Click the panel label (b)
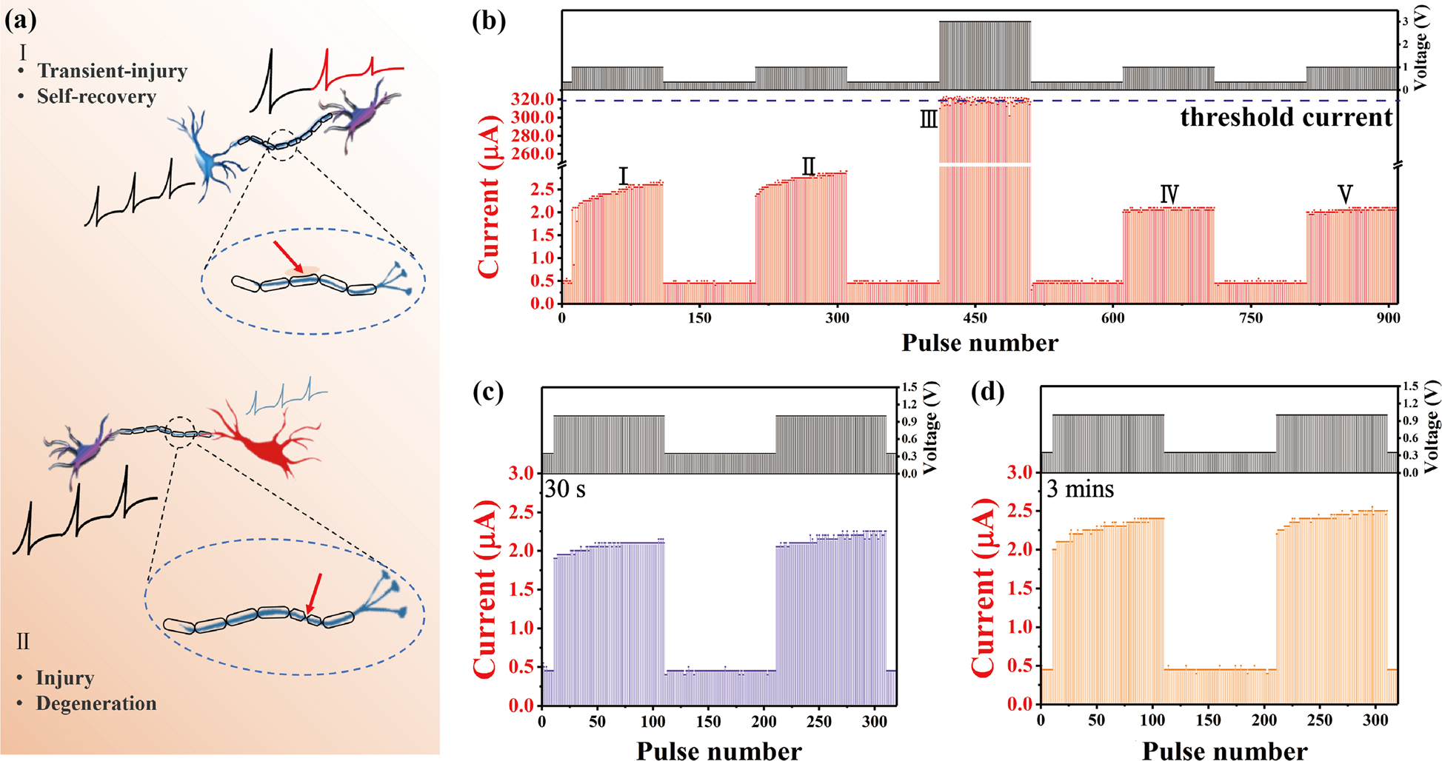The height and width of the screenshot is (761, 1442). point(489,21)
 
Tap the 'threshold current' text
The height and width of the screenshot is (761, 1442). point(1286,117)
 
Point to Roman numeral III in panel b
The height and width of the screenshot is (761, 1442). point(928,119)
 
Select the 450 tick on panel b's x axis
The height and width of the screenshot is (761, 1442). point(975,318)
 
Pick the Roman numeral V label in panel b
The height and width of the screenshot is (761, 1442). point(1345,194)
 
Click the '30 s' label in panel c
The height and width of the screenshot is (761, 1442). point(565,489)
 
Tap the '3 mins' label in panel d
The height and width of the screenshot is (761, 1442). point(1080,489)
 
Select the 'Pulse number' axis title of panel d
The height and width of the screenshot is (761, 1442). point(1224,751)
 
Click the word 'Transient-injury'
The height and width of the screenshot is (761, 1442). point(112,71)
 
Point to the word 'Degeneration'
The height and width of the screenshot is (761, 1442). point(96,703)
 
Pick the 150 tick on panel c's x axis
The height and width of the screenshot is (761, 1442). point(708,722)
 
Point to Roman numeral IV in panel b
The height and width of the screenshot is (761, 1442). point(1169,194)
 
